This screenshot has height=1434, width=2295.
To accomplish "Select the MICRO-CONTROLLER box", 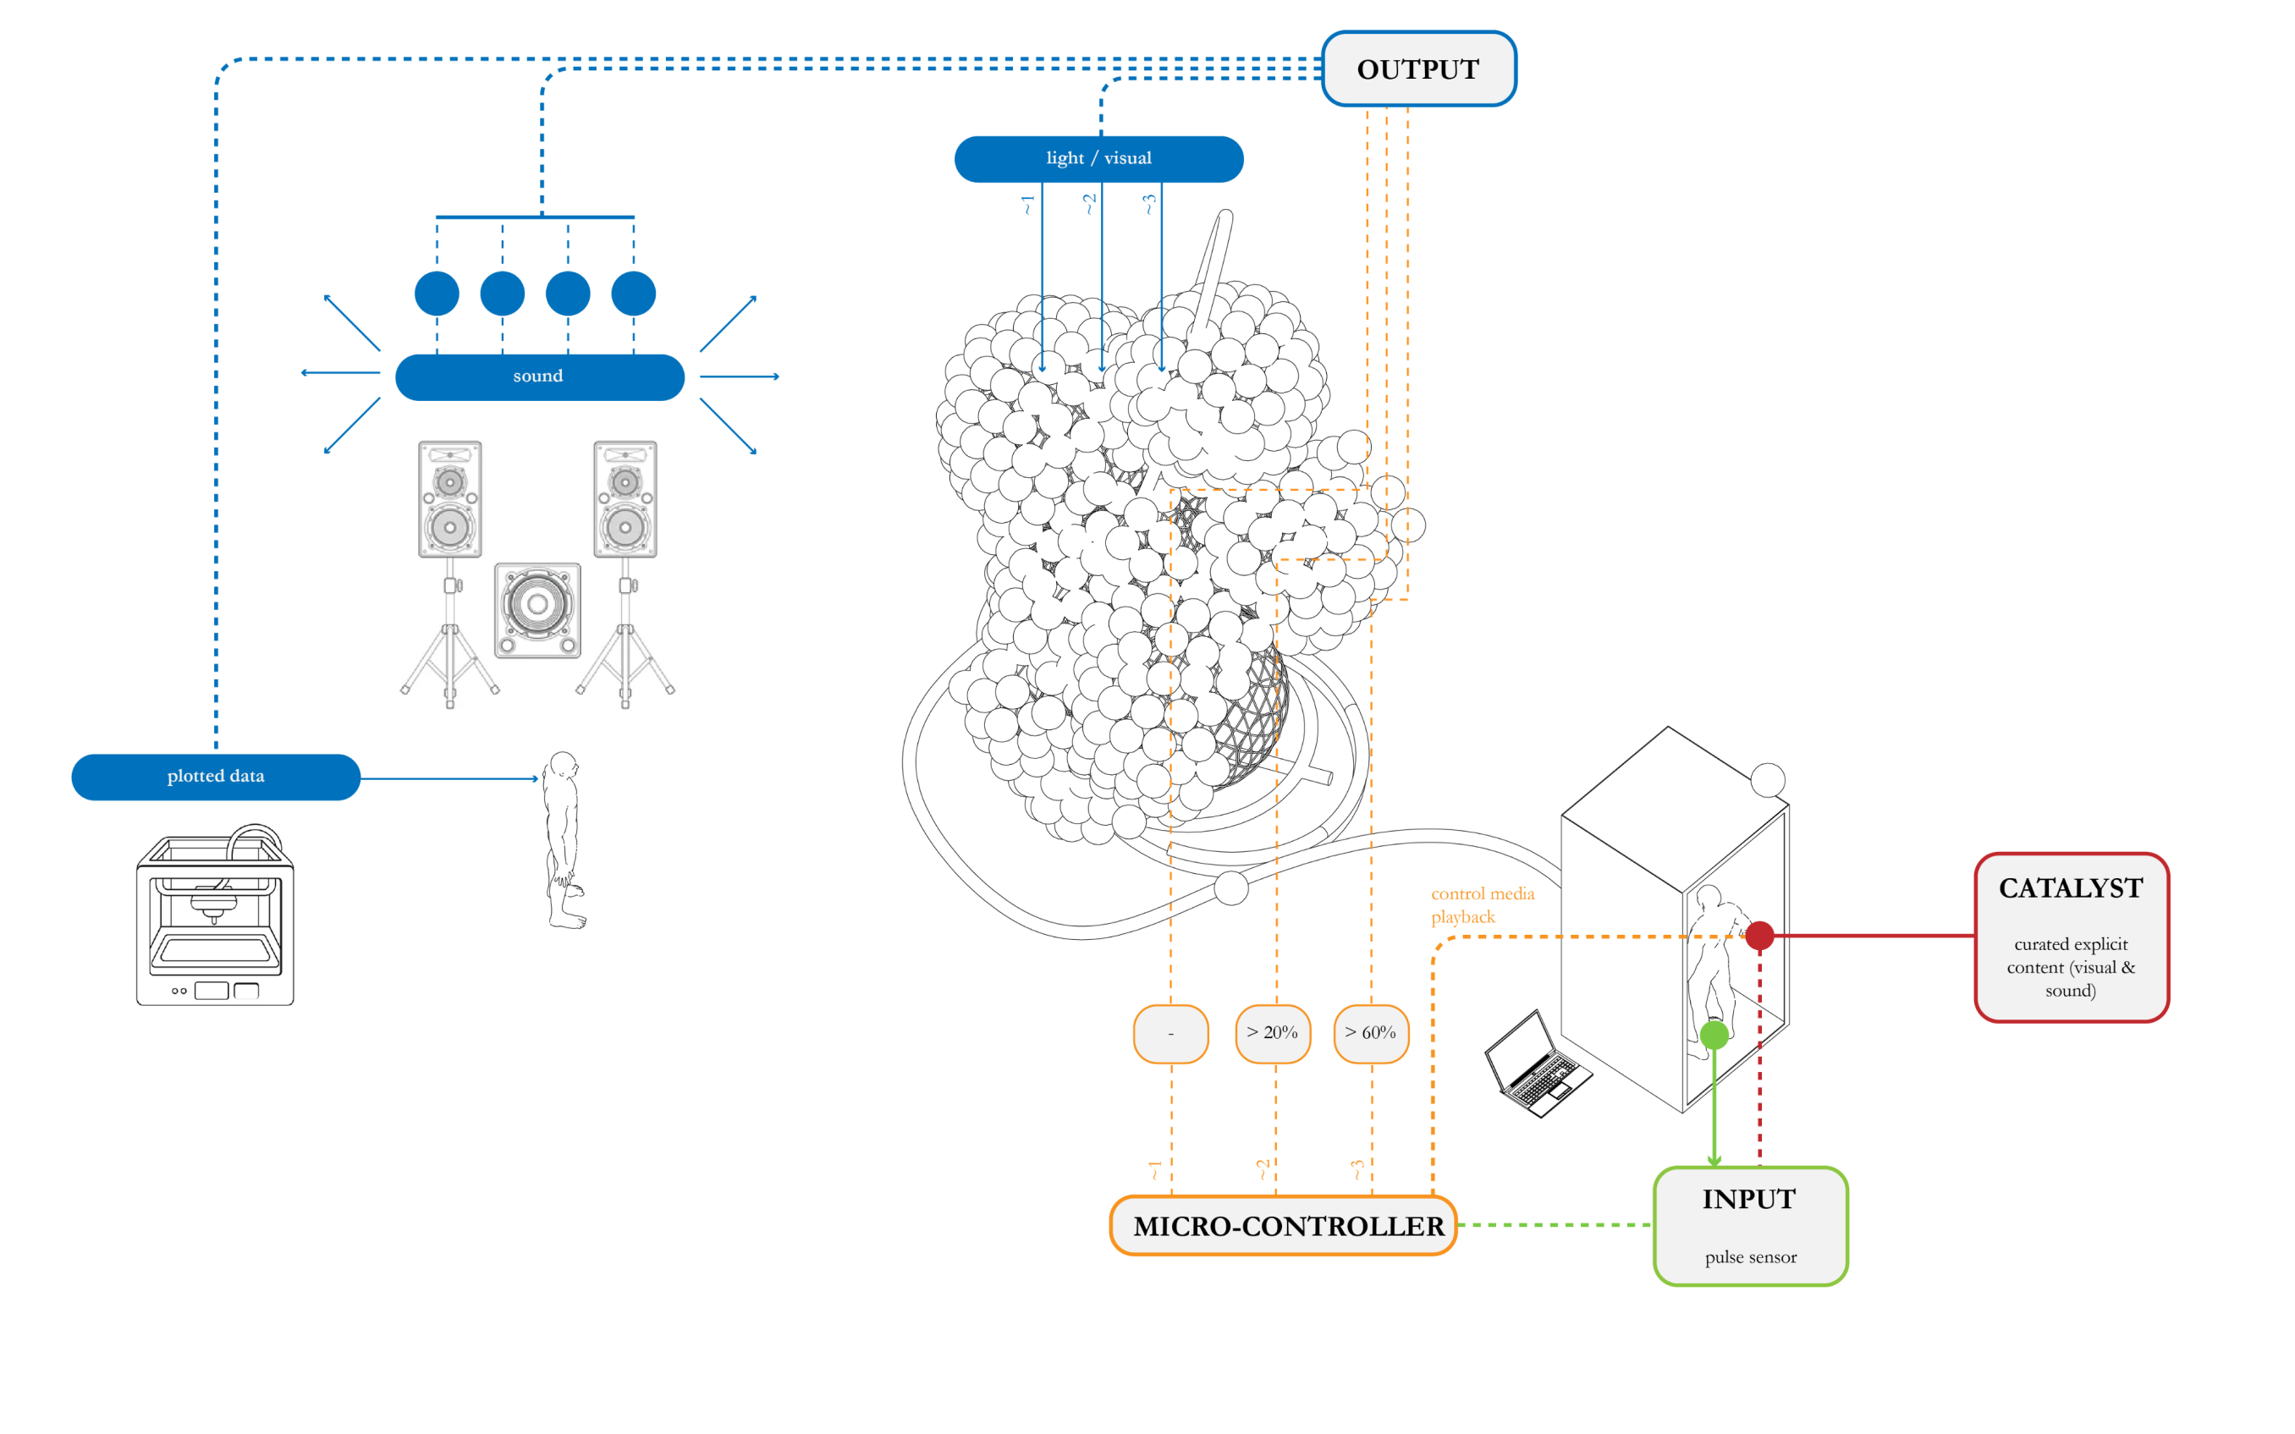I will [1284, 1225].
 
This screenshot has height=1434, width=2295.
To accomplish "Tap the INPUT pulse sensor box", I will [1750, 1225].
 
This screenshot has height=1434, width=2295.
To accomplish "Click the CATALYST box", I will [2072, 937].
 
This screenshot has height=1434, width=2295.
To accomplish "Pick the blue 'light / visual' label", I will [1098, 158].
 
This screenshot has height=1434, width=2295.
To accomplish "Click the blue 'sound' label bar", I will [539, 376].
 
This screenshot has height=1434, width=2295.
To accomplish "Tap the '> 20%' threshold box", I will [1273, 1033].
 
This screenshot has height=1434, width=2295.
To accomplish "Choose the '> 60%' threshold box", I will [1370, 1033].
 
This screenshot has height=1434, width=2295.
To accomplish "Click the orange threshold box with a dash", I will [1170, 1033].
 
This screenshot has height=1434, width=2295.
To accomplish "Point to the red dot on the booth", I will [1759, 935].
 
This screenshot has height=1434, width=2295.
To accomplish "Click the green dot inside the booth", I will [1714, 1035].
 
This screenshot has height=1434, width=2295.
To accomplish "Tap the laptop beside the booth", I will [1536, 1065].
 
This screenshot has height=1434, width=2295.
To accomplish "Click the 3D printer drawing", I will [215, 917].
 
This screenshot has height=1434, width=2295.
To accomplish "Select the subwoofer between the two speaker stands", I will [537, 610].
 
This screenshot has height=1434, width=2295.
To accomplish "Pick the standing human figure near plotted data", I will [564, 839].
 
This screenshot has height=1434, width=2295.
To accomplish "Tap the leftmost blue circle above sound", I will [437, 293].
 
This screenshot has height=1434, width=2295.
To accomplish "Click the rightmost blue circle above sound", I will [634, 293].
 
